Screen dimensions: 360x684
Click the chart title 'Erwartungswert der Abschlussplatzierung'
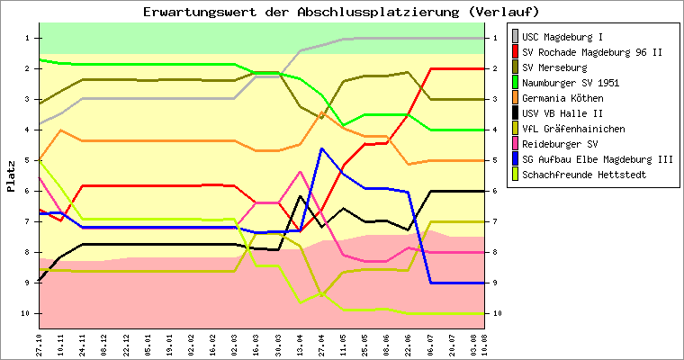point(341,12)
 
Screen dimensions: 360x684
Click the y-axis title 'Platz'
point(11,175)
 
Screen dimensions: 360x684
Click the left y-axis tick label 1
point(28,38)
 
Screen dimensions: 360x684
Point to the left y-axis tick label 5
point(28,160)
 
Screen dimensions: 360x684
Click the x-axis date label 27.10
point(40,343)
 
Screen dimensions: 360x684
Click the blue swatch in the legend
point(515,158)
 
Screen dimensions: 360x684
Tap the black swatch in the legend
point(515,112)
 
